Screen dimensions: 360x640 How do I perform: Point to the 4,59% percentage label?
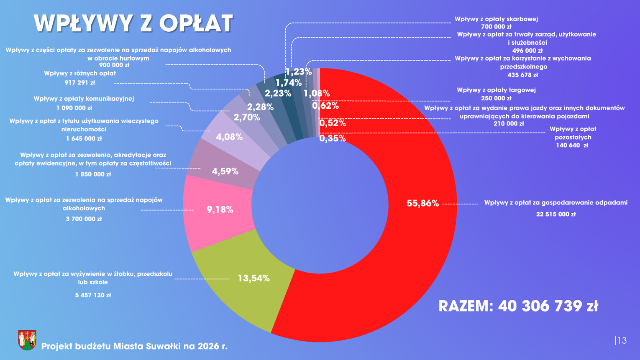point(225,171)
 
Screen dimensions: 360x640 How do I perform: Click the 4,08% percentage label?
point(229,137)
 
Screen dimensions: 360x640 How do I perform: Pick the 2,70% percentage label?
point(247,117)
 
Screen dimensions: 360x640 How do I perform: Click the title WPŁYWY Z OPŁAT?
point(133,23)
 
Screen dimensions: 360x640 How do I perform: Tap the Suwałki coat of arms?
point(27,340)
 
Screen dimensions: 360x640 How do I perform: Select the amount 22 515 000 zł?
point(556,214)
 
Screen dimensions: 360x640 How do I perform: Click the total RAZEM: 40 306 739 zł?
point(518,306)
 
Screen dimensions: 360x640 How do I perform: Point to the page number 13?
point(622,340)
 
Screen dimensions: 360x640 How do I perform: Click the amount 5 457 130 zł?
point(93,295)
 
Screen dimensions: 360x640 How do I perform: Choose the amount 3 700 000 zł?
point(84,219)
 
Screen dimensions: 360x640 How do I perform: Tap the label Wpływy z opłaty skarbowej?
point(496,19)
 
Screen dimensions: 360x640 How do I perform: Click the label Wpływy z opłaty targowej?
point(496,90)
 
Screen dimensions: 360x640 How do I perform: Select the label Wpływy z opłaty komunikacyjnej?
point(84,99)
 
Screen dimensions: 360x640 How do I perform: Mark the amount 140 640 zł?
point(572,146)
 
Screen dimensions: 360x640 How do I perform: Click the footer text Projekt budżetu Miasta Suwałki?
point(134,346)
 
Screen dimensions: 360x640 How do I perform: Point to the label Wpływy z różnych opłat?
point(80,74)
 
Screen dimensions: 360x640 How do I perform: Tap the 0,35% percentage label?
point(333,138)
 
